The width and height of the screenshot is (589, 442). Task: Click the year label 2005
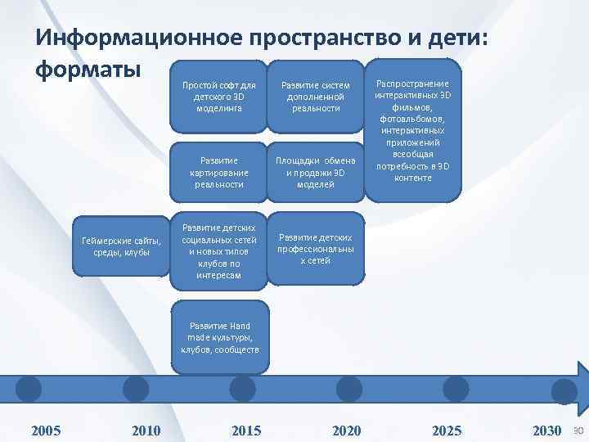click(45, 431)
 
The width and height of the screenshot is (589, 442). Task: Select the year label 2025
click(447, 431)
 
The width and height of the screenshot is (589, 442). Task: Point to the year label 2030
click(546, 431)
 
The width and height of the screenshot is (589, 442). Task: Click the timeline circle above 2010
click(135, 387)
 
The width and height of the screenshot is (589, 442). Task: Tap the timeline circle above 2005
click(29, 387)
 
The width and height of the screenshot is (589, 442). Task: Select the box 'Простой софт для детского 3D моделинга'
click(218, 97)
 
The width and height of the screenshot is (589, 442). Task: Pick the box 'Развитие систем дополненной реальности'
click(316, 97)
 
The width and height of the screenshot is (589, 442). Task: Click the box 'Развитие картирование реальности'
click(218, 173)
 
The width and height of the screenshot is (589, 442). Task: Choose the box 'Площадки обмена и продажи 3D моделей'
click(316, 173)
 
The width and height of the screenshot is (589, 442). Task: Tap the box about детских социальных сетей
click(218, 251)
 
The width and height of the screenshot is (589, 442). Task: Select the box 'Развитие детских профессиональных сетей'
click(316, 249)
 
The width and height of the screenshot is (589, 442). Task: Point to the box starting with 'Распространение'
click(413, 130)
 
